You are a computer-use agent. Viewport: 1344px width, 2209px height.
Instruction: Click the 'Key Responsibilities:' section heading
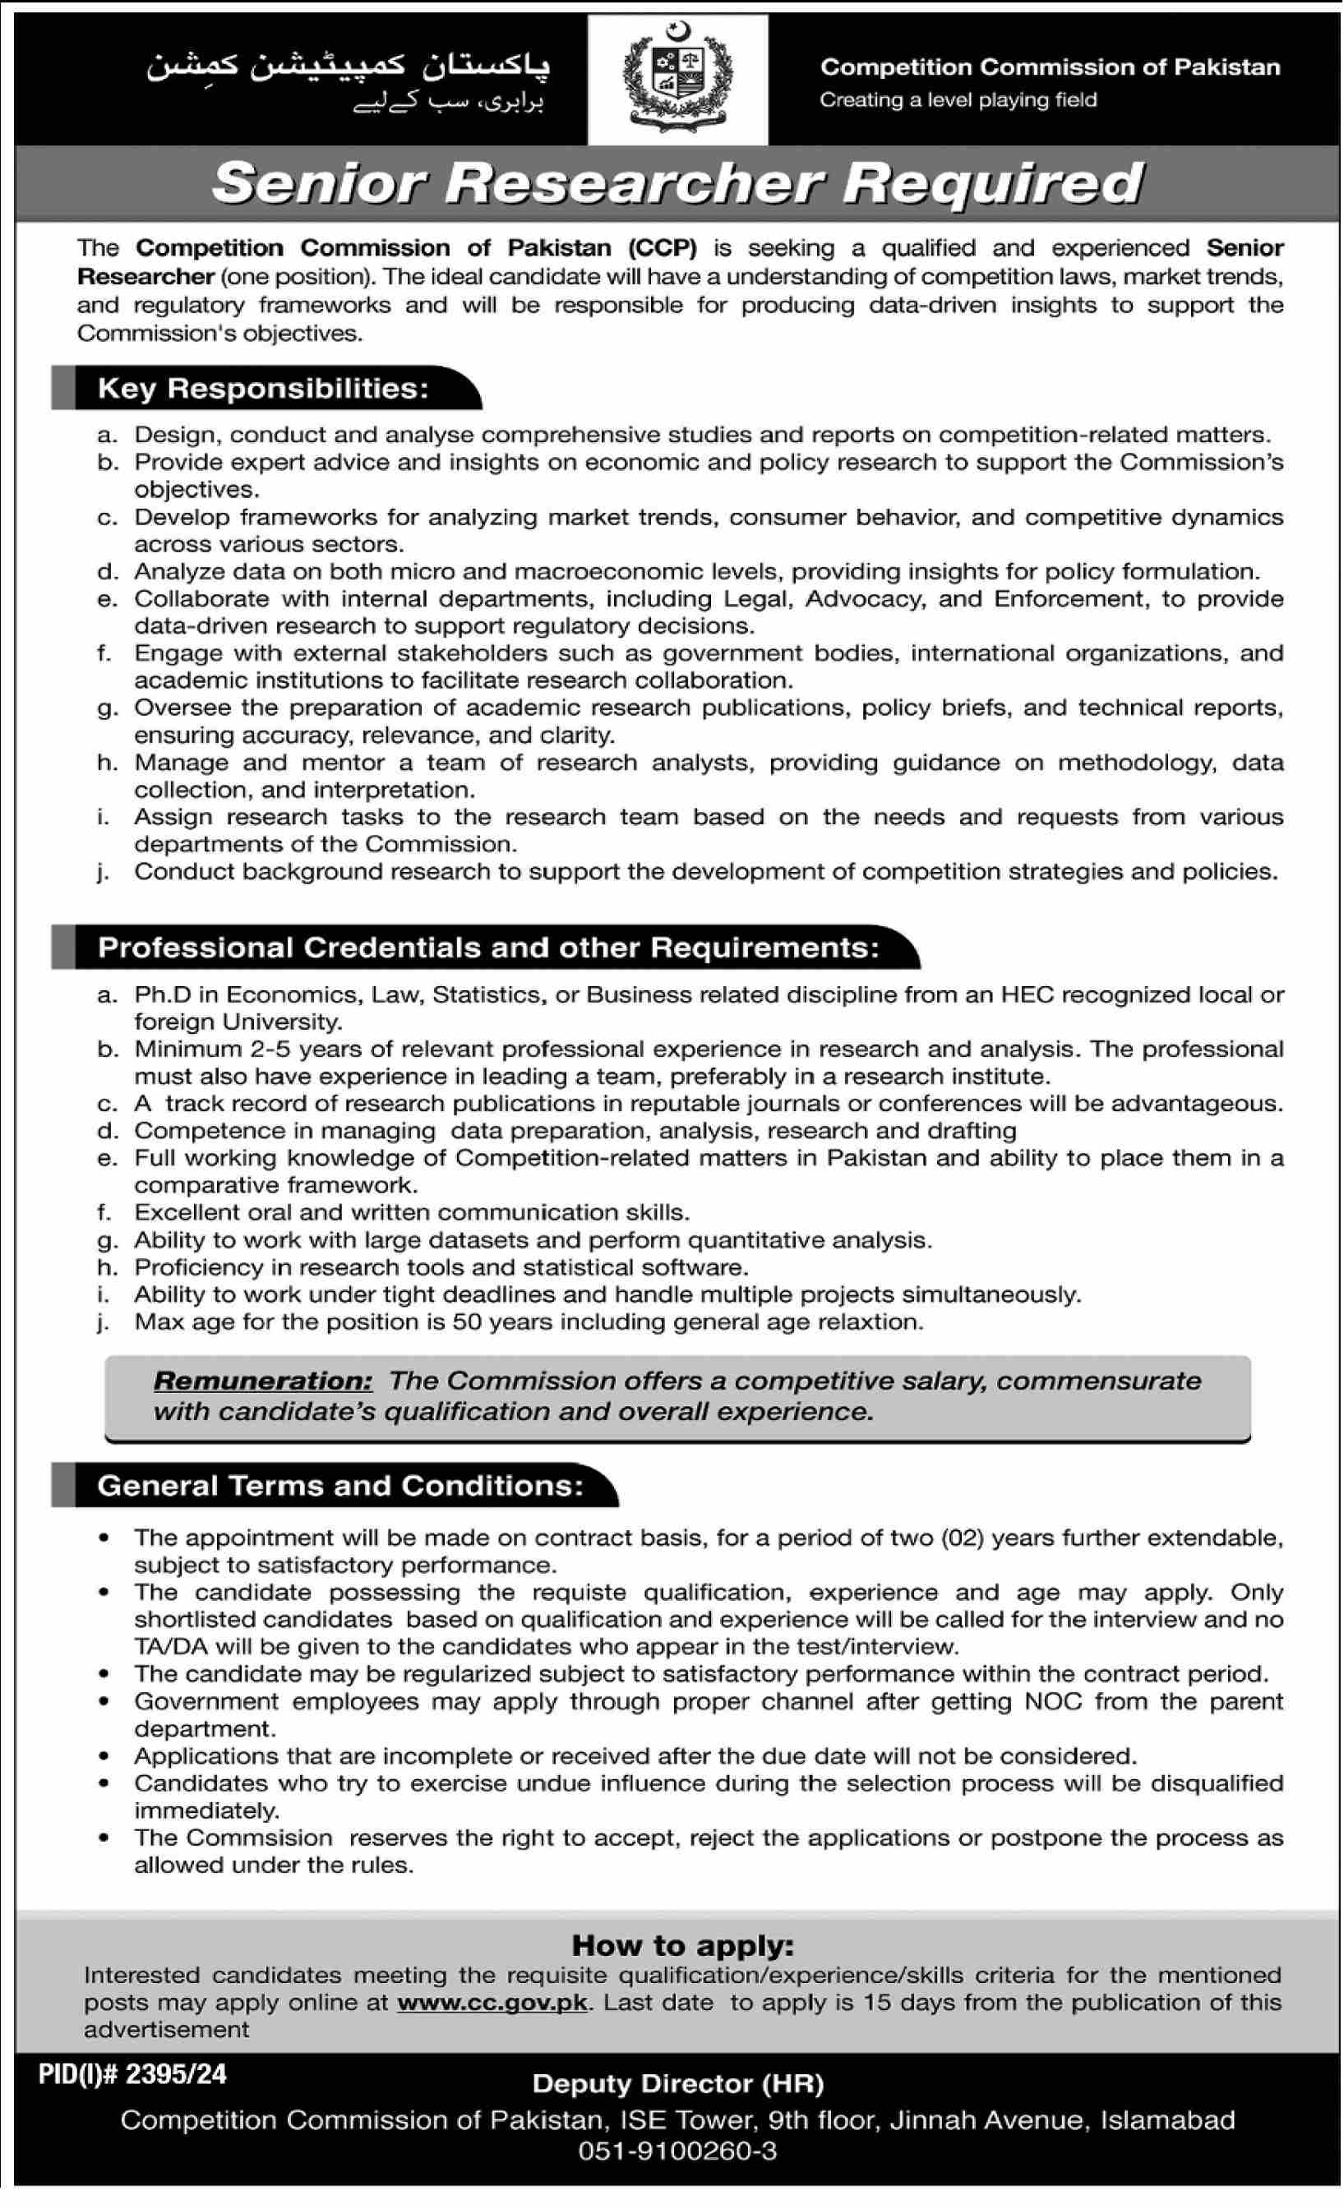pos(263,388)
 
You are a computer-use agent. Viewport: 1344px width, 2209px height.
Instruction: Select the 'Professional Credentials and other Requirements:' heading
pos(488,948)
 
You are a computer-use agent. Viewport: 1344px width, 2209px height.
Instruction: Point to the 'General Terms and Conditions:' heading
pos(340,1486)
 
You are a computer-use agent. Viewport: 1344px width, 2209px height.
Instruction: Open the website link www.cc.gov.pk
pos(492,2002)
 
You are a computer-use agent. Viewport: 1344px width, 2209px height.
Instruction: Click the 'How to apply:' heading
pos(683,1945)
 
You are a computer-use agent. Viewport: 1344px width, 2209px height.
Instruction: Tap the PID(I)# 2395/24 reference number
pos(132,2073)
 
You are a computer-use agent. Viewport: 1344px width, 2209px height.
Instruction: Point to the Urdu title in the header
pos(348,68)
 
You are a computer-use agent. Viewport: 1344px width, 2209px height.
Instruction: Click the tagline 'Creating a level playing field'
pos(958,99)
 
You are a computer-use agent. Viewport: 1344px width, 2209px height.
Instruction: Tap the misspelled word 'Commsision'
pos(259,1837)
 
